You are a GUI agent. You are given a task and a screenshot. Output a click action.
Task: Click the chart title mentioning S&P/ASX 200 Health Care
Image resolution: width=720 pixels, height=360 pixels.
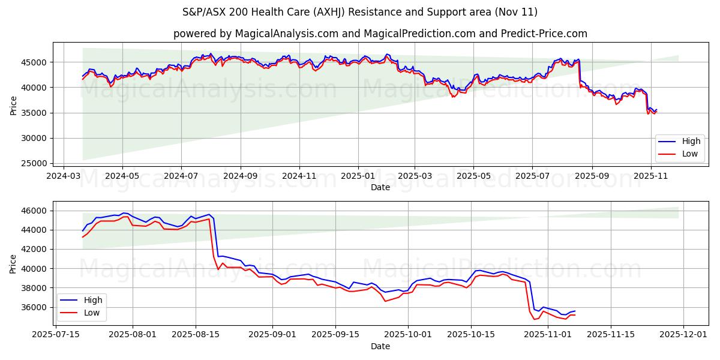click(360, 12)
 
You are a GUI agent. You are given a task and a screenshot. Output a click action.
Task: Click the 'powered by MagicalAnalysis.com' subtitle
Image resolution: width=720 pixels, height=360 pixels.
click(380, 34)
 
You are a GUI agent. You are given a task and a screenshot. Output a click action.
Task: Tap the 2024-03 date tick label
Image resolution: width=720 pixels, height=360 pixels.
click(64, 176)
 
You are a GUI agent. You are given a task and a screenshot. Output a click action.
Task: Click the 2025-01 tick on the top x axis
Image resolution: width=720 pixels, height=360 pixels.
click(358, 176)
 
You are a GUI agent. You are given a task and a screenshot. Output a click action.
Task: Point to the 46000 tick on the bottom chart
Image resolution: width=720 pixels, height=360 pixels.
click(35, 211)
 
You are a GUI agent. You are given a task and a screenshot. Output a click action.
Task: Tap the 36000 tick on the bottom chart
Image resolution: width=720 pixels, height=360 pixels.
click(35, 307)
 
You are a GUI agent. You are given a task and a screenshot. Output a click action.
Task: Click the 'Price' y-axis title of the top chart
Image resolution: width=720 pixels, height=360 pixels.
click(13, 106)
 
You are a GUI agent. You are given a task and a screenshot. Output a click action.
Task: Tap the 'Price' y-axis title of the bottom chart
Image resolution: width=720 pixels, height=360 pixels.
click(13, 264)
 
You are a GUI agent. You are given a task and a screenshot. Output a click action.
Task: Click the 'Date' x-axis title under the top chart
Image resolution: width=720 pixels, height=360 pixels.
click(380, 187)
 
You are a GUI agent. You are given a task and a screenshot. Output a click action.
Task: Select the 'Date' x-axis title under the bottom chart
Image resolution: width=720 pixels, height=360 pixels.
click(380, 346)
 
